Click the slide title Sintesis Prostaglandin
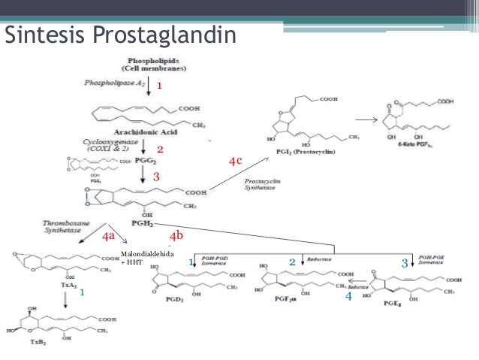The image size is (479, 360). click(120, 35)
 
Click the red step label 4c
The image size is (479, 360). click(236, 162)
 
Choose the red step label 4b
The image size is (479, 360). click(176, 236)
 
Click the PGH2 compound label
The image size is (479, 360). click(143, 223)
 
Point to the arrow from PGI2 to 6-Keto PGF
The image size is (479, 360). click(366, 119)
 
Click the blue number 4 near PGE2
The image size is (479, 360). click(348, 298)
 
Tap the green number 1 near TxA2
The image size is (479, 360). click(83, 292)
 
